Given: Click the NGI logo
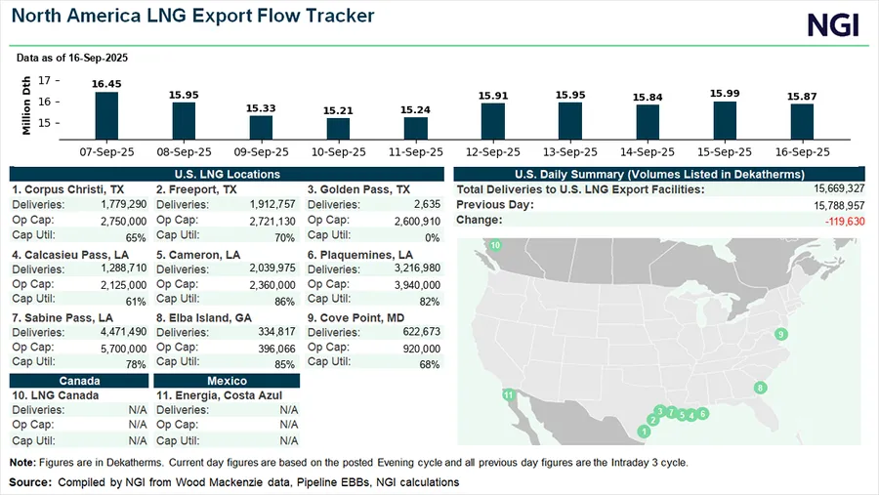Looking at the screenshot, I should coord(833,25).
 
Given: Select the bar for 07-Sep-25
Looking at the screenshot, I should coord(105,115).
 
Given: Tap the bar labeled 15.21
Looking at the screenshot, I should coord(338,128).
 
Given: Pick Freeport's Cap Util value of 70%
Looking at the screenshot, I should coord(284,237).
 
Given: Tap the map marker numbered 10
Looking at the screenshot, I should coord(495,245).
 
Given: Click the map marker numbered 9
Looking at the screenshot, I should coord(780,335).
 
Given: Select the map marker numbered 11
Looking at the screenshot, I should coord(508,394).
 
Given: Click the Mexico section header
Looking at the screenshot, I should coord(228,381).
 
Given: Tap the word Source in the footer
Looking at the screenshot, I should coord(30,482).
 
